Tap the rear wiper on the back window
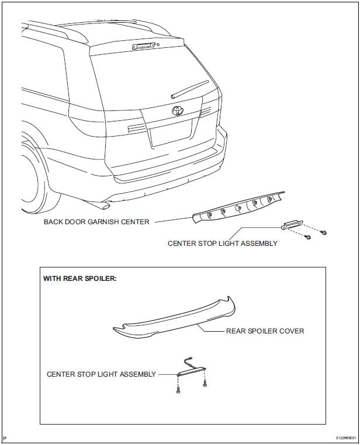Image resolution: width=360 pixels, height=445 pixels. click(x=188, y=90)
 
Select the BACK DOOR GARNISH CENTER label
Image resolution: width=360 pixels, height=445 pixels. click(x=96, y=222)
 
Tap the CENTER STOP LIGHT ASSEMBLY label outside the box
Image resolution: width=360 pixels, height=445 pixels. click(x=222, y=244)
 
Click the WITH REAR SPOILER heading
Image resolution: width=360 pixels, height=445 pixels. click(x=80, y=279)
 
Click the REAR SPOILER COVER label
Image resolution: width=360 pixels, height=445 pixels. click(x=265, y=331)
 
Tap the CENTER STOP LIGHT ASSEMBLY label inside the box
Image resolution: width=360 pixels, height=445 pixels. click(x=101, y=374)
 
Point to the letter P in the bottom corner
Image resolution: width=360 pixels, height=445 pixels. click(x=5, y=437)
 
